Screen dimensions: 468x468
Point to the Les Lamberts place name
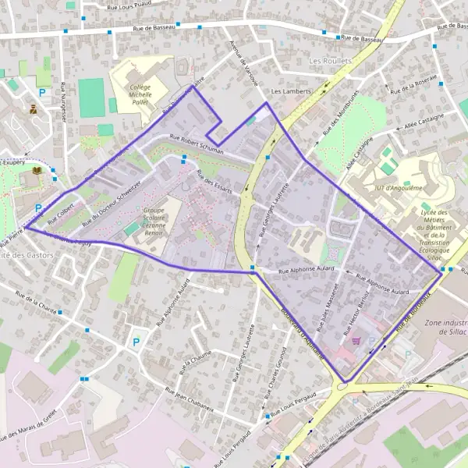click(x=291, y=90)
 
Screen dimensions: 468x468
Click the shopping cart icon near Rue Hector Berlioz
click(x=357, y=339)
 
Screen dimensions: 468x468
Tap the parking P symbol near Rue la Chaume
click(x=137, y=342)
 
